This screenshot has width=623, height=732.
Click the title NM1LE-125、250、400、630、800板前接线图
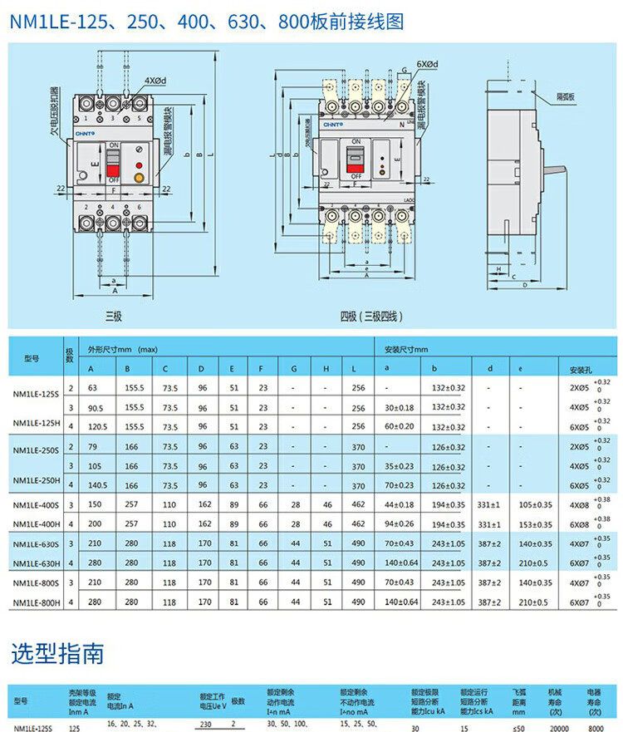point(207,21)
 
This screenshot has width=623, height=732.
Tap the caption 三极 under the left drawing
point(113,316)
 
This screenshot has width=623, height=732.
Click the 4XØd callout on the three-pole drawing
point(155,81)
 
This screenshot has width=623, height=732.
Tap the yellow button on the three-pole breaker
point(139,175)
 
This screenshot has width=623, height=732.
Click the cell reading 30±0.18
point(400,408)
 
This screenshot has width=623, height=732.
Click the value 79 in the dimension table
point(92,446)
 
